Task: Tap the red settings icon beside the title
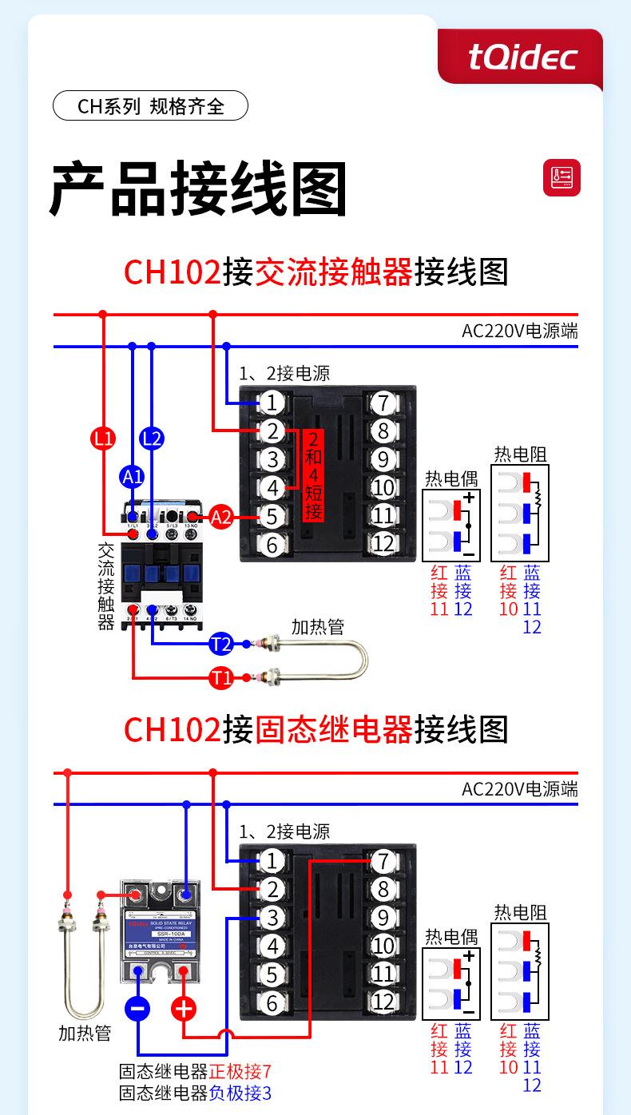pos(562,177)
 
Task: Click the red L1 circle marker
pos(103,438)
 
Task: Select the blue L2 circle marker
pos(151,438)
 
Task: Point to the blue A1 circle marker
pos(132,478)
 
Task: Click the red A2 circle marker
pos(220,518)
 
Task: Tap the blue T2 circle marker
pos(221,644)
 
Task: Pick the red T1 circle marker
pos(221,679)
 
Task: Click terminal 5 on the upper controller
pos(272,516)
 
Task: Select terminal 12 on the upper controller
pos(383,544)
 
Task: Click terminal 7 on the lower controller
pos(383,861)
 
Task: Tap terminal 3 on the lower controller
pos(272,918)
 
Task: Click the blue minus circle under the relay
pos(138,1008)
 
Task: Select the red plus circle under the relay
pos(184,1008)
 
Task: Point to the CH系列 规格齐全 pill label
pos(150,106)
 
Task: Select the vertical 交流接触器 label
pos(106,587)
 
